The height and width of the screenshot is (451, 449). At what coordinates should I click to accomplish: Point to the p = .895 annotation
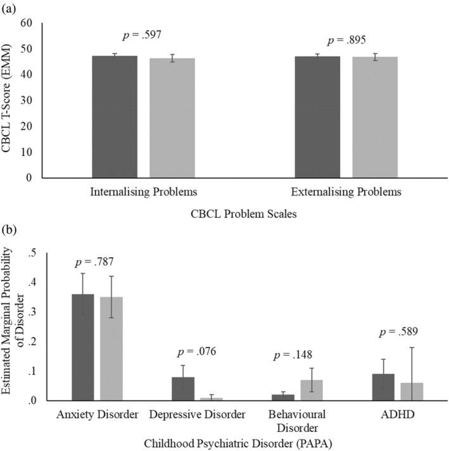(348, 41)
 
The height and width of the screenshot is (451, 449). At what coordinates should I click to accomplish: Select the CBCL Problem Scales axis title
(244, 213)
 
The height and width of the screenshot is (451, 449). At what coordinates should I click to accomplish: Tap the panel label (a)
(10, 7)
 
